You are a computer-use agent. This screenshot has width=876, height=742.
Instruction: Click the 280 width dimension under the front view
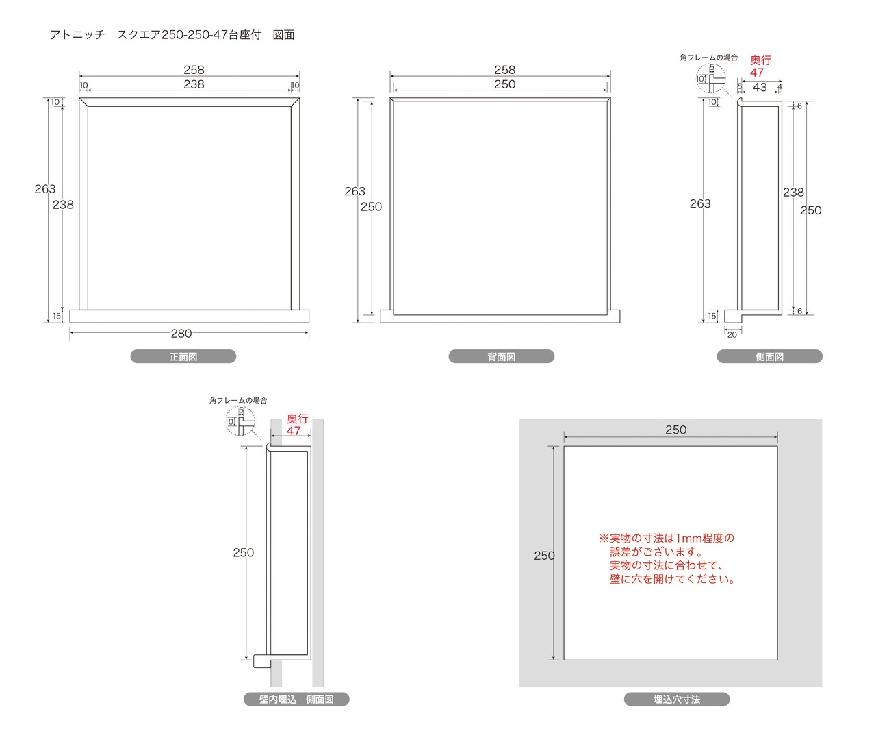[x=181, y=334]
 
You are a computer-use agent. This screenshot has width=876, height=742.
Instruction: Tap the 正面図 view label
[x=183, y=357]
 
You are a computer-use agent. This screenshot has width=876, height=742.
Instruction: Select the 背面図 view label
[x=502, y=357]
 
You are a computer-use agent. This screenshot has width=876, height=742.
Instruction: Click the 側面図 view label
[x=770, y=357]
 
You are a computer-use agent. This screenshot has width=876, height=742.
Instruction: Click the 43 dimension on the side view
[x=760, y=88]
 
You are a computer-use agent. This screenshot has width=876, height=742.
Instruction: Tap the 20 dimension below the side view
[x=732, y=335]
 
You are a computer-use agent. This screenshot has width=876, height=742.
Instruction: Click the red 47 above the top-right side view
[x=757, y=73]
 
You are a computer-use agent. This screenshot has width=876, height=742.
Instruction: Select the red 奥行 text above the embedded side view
[x=297, y=419]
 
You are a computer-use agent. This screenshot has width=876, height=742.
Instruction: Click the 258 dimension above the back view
[x=505, y=70]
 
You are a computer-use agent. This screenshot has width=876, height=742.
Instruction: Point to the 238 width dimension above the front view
[x=194, y=84]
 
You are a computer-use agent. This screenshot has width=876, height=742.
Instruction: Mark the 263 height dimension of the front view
[x=45, y=189]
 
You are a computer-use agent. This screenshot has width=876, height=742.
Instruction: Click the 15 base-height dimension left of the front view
[x=57, y=316]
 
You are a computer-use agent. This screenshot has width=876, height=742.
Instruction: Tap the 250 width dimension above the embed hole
[x=675, y=430]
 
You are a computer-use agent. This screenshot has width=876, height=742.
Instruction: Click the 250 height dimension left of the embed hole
[x=544, y=556]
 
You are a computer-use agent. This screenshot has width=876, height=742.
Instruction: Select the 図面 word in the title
[x=283, y=35]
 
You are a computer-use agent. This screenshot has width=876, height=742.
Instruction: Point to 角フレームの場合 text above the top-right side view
[x=709, y=58]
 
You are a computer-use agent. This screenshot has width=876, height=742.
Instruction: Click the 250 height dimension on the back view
[x=371, y=207]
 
